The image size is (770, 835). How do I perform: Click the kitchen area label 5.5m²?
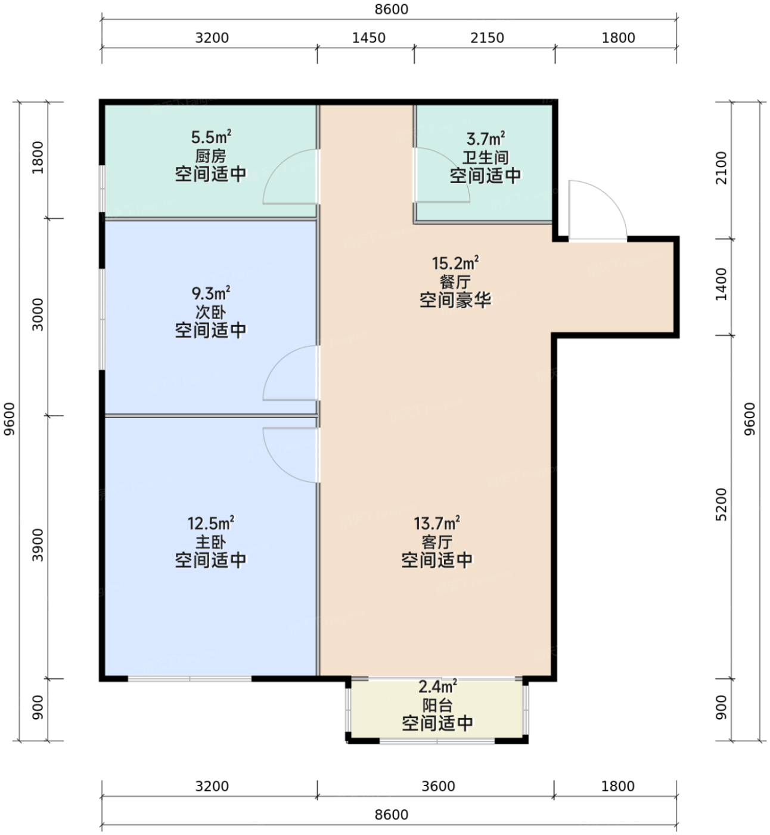tap(211, 137)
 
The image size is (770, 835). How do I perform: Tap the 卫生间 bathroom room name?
tap(486, 157)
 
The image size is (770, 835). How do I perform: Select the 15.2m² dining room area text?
tap(455, 263)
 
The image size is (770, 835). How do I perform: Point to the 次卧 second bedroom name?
tap(210, 312)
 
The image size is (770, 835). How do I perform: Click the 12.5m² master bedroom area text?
tap(210, 524)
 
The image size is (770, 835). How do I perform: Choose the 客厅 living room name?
tap(437, 542)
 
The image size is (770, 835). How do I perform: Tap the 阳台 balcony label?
tap(437, 705)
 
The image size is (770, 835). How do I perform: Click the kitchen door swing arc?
tap(279, 165)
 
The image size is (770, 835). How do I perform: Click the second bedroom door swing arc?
tap(279, 361)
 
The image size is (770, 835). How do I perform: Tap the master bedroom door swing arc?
tap(279, 466)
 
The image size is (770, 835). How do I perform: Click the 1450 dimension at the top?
tap(368, 38)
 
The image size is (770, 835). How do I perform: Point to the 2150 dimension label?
tap(487, 38)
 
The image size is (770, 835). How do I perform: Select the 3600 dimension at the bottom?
tap(439, 786)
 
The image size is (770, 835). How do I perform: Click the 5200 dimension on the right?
tap(721, 504)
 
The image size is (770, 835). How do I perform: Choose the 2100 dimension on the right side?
tap(721, 168)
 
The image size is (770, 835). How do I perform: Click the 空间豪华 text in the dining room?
tap(455, 300)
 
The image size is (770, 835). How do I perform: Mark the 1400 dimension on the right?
tap(721, 284)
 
